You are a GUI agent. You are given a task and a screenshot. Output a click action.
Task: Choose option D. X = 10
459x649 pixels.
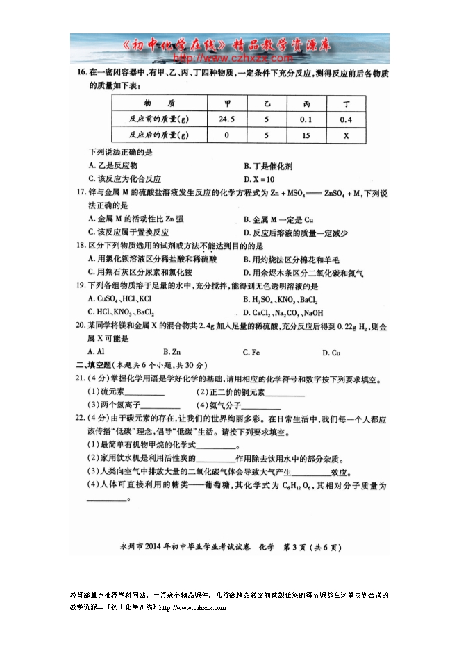pyautogui.click(x=260, y=179)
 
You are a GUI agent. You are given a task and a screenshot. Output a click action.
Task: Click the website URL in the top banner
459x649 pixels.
pyautogui.click(x=229, y=58)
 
